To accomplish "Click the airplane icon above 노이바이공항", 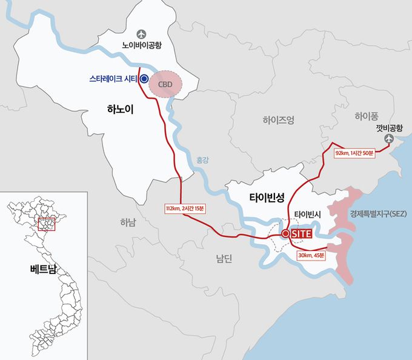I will click(x=142, y=33).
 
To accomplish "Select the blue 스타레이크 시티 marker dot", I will click(x=144, y=79).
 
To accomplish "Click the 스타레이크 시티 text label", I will click(x=111, y=79).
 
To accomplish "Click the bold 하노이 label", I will click(x=119, y=110).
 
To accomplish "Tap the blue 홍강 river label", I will click(x=202, y=160).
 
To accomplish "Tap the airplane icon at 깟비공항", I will click(x=388, y=140).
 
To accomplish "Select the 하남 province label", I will click(x=128, y=222).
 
